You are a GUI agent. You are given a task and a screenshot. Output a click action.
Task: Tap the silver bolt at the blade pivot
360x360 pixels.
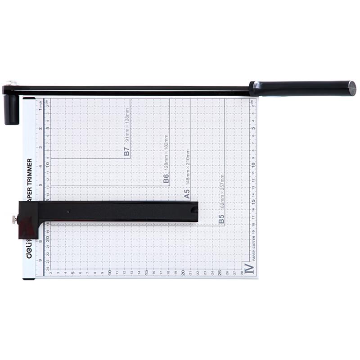tap(11, 83)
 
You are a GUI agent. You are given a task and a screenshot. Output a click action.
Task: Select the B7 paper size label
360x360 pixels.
tap(127, 152)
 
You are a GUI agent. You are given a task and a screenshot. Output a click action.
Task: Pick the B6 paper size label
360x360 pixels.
tap(166, 179)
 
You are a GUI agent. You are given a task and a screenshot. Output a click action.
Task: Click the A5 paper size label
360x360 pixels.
tap(187, 193)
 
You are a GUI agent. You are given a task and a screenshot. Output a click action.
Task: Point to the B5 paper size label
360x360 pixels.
tap(221, 219)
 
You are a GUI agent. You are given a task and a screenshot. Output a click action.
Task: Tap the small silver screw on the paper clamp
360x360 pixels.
tap(14, 220)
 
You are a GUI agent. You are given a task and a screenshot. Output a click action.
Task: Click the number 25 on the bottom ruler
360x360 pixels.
tap(220, 273)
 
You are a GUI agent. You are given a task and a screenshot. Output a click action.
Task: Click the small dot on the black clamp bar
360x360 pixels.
tap(68, 211)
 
